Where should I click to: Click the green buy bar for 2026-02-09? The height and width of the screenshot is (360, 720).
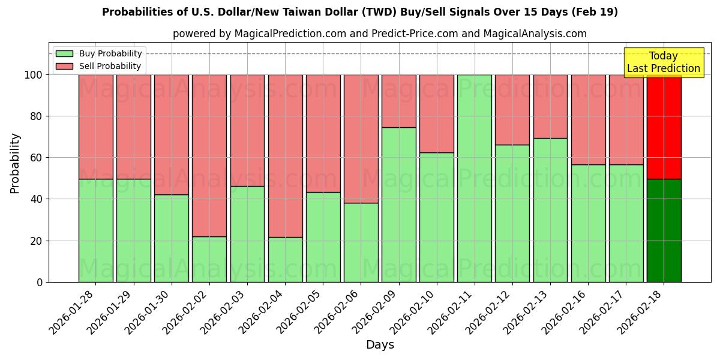click(398, 205)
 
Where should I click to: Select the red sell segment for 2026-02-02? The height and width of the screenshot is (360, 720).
click(209, 155)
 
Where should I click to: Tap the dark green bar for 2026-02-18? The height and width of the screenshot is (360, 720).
click(664, 230)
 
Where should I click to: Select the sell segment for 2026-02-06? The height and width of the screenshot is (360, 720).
click(361, 139)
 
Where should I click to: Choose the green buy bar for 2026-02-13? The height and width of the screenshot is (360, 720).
click(550, 210)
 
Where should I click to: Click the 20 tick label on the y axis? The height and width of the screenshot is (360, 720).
click(37, 241)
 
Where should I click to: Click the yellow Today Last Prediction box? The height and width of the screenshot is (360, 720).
click(663, 62)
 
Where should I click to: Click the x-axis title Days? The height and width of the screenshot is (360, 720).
click(380, 345)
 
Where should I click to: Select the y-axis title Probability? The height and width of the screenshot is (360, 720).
click(15, 163)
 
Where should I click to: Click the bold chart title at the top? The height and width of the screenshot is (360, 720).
click(360, 12)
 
